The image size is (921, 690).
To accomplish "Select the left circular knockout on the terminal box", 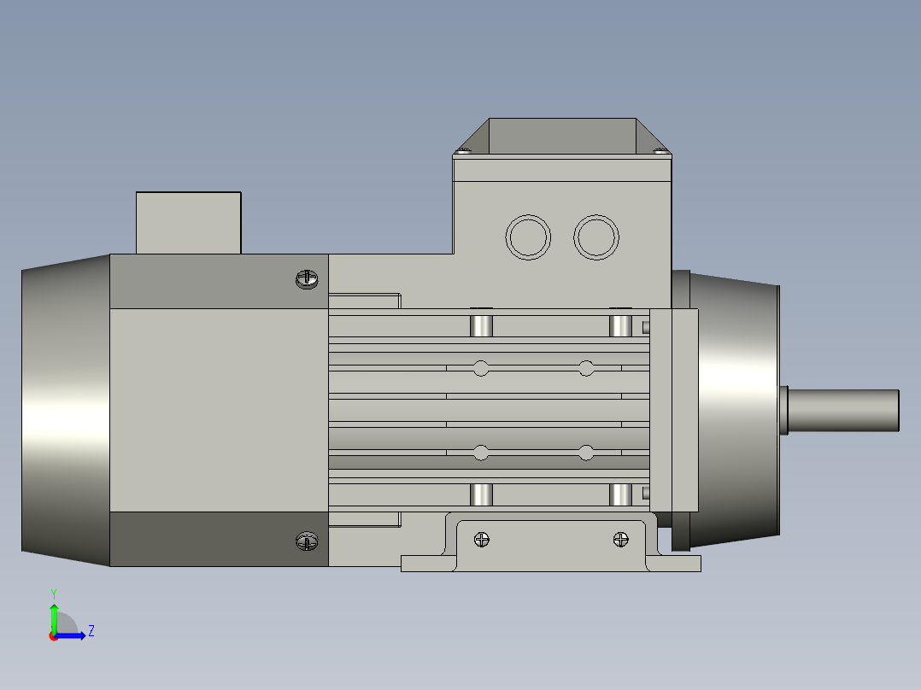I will coord(528,237).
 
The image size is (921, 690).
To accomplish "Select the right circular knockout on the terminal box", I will coord(595,237).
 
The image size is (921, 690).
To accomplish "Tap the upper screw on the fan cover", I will coord(306,278).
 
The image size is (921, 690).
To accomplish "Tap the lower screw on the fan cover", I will coord(306,541).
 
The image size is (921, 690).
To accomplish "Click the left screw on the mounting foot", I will coord(483,540).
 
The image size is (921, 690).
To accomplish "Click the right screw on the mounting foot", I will coord(620,540).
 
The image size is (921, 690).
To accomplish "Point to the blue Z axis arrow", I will coord(73,635).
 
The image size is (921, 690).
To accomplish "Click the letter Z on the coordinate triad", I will coord(91,631).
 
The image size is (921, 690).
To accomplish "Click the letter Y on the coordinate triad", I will coord(53,593).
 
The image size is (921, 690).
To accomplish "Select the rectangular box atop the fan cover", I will coord(188,222).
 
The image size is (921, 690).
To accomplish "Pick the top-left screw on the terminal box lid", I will coord(463,152).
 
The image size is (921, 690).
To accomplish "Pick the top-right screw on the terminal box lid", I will coord(659,152).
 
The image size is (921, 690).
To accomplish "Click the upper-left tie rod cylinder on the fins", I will coord(482,325).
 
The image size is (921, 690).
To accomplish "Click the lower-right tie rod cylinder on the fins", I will coord(620,494).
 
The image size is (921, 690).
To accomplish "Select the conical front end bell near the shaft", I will coord(735,411).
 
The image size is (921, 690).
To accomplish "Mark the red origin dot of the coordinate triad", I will coord(53,636).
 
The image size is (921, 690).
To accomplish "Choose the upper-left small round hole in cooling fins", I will coord(481,369).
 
